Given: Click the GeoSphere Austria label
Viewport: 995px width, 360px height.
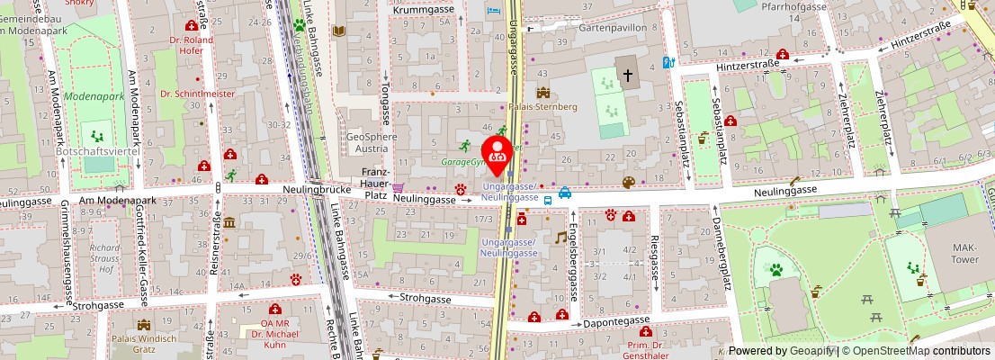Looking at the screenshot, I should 372,142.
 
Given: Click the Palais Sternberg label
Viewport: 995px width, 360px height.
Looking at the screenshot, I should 542,106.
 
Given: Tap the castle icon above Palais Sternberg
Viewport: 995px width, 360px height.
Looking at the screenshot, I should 542,92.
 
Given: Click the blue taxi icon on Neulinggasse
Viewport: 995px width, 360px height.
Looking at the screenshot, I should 564,192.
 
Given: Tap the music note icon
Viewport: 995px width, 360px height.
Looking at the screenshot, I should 560,237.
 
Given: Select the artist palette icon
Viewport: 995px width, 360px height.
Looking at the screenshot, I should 628,183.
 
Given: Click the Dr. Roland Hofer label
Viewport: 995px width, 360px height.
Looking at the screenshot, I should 192,46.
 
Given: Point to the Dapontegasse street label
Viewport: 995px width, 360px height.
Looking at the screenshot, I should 615,320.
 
